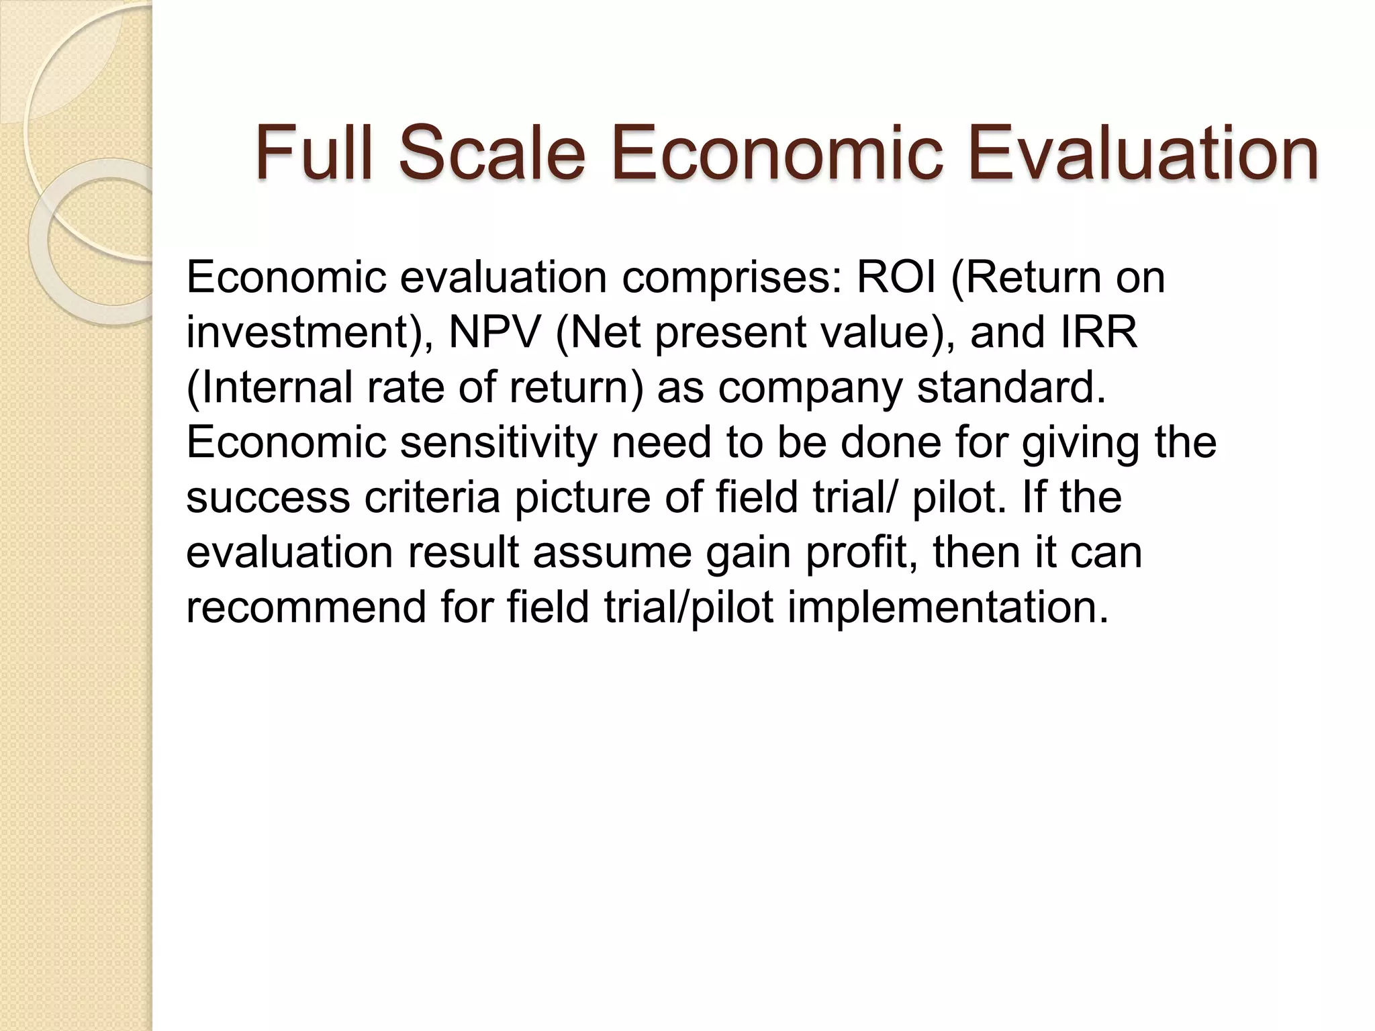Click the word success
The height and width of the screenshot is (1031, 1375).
coord(268,498)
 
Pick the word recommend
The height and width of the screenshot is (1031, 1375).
coord(306,607)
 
